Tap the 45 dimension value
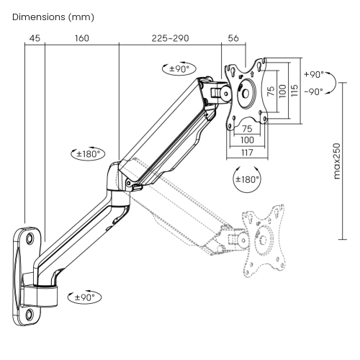coord(34,38)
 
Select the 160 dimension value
coord(81,38)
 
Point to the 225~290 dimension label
coord(171,38)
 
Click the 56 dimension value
coord(234,38)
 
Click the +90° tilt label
coord(313,75)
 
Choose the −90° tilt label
coord(313,91)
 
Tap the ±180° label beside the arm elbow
coord(89,153)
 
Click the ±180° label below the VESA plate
coord(247,180)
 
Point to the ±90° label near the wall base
coord(85,296)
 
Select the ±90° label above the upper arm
coord(176,69)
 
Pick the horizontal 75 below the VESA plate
coord(248,129)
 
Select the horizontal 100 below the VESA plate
coord(248,140)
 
